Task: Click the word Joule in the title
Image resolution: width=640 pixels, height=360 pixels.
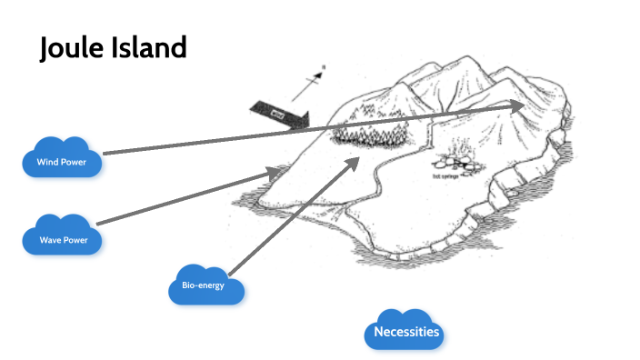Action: pos(72,48)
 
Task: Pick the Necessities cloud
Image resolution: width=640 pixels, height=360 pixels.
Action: pos(406,332)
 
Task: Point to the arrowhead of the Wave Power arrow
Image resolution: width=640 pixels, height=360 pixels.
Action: pos(276,170)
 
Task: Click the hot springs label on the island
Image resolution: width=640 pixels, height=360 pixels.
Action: pos(447,176)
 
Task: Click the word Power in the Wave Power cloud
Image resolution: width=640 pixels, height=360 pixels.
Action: pos(76,240)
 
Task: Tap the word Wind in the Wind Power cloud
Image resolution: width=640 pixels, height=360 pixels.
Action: pos(46,163)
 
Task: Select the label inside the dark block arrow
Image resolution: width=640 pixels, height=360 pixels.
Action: pos(277,114)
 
